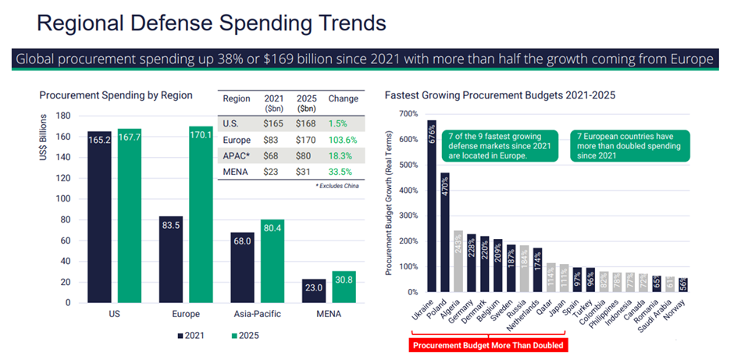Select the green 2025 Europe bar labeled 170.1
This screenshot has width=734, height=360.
click(201, 214)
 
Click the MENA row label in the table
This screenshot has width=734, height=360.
click(235, 171)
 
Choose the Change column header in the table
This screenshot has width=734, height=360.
click(344, 99)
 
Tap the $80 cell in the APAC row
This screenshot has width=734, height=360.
click(306, 155)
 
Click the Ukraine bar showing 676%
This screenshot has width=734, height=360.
click(432, 206)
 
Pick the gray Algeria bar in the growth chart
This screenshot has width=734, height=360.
click(458, 261)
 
